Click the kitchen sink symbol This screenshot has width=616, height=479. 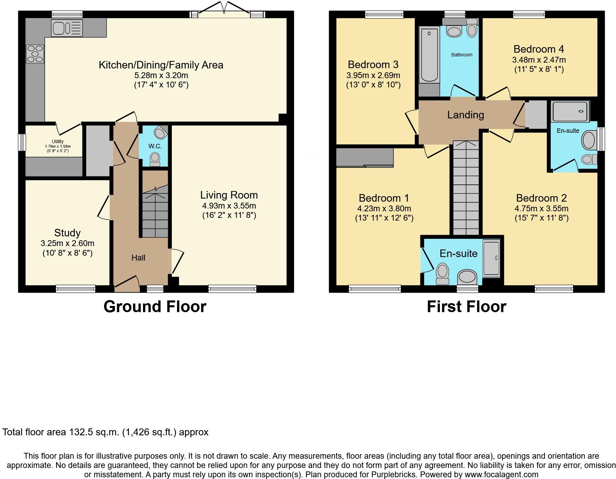(67, 28)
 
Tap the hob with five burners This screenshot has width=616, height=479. (35, 54)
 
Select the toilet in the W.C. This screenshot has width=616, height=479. (155, 159)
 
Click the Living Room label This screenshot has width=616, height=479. (229, 195)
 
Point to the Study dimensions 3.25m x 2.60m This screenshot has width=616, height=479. (67, 243)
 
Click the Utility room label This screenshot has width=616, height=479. (58, 141)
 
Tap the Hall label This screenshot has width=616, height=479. (138, 258)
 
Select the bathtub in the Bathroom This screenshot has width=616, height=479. (429, 55)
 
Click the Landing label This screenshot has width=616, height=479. (465, 115)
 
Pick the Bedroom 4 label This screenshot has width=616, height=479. (539, 49)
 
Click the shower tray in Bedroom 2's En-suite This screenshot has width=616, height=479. (570, 111)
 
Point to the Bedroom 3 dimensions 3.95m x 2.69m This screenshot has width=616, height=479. (373, 75)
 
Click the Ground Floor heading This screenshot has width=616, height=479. (155, 307)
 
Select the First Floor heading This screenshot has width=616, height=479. (466, 307)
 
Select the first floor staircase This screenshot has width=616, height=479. (466, 189)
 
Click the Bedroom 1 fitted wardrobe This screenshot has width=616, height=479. (364, 157)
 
